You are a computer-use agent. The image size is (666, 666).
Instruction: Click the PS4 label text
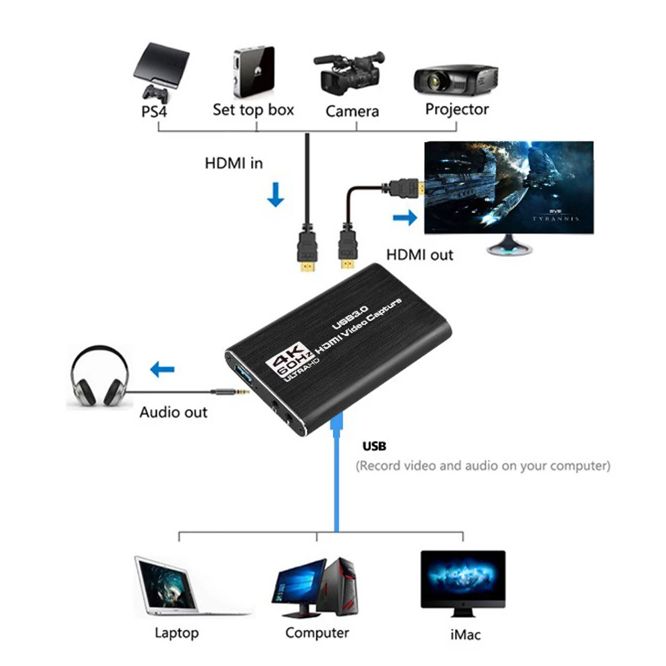click(x=154, y=111)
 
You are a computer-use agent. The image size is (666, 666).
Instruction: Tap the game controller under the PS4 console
click(x=155, y=93)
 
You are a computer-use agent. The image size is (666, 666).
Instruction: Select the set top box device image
click(x=254, y=71)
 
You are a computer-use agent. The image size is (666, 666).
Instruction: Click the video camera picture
click(x=349, y=73)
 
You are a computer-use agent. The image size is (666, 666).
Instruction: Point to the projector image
click(x=456, y=81)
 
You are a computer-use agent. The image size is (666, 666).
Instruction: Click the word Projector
click(x=457, y=109)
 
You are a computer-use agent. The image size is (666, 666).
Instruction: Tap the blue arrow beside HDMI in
click(x=276, y=194)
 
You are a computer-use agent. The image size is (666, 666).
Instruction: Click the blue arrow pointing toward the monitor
click(x=405, y=218)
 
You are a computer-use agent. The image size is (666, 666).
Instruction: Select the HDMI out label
click(x=420, y=255)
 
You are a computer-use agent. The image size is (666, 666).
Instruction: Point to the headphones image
click(x=100, y=376)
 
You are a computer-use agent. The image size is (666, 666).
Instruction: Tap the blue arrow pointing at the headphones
click(x=163, y=369)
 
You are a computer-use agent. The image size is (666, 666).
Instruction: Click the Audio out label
click(x=173, y=412)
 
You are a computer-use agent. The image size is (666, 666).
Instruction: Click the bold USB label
click(x=374, y=446)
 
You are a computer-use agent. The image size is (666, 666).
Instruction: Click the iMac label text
click(x=466, y=635)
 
